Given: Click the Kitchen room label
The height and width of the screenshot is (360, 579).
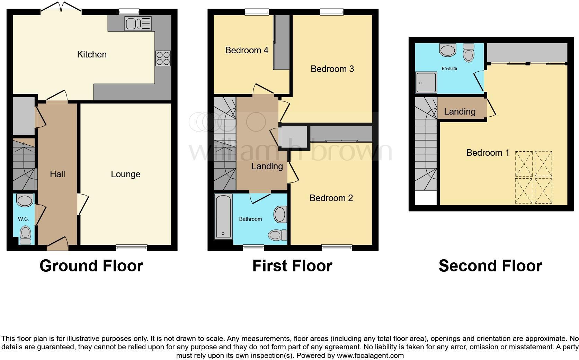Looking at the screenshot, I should [x=92, y=54].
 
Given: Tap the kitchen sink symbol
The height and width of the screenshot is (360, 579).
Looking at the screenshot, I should [x=138, y=24].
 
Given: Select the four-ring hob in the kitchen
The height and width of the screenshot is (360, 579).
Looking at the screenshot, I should [x=163, y=58].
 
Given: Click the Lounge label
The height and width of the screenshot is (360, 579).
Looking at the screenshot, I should [x=125, y=174].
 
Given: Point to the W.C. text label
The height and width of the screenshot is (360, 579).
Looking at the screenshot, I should [x=24, y=219].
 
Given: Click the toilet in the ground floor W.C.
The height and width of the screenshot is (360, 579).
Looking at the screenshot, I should [x=25, y=235].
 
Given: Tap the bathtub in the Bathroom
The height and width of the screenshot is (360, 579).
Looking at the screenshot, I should [x=223, y=217].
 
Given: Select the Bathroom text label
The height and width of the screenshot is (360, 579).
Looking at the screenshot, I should [x=250, y=219].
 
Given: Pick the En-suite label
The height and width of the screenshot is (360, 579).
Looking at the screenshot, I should [x=449, y=69].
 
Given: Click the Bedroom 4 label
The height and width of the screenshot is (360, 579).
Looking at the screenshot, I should [x=247, y=51].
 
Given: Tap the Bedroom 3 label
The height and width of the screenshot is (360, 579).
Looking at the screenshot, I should [x=332, y=69].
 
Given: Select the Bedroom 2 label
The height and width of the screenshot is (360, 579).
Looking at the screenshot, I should [x=331, y=198].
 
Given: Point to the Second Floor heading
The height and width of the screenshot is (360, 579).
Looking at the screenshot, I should [x=490, y=266].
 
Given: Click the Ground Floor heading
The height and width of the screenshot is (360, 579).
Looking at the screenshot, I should [x=91, y=266].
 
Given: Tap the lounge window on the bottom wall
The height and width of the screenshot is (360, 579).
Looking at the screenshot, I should [x=132, y=247].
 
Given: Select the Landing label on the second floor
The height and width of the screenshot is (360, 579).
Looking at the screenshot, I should [x=460, y=111].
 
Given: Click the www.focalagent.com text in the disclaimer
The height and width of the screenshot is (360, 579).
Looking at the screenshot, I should [x=370, y=355].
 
